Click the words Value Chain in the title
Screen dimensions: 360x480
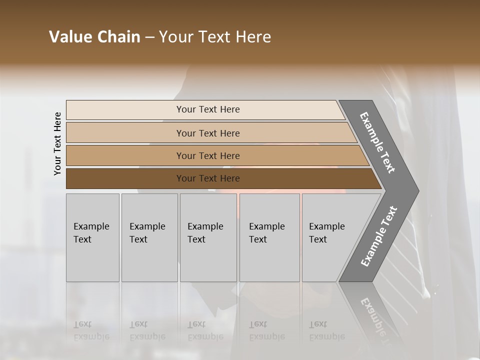click(x=94, y=37)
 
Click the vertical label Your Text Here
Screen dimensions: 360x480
click(x=58, y=143)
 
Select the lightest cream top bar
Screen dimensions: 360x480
click(x=125, y=110)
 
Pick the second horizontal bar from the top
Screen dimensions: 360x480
click(x=125, y=133)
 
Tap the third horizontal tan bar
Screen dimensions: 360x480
click(x=125, y=155)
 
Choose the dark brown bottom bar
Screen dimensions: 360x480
click(x=125, y=178)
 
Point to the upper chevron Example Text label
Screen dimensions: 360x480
click(x=377, y=143)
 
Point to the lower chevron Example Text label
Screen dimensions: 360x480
click(x=378, y=236)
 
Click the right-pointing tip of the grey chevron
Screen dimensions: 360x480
click(x=416, y=190)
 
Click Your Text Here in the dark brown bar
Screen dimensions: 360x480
click(x=208, y=178)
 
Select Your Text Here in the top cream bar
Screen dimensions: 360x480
click(x=208, y=109)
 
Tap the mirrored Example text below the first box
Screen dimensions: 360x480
click(x=91, y=330)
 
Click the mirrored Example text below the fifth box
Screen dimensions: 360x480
click(x=327, y=330)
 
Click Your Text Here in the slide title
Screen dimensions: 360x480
click(x=215, y=37)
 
